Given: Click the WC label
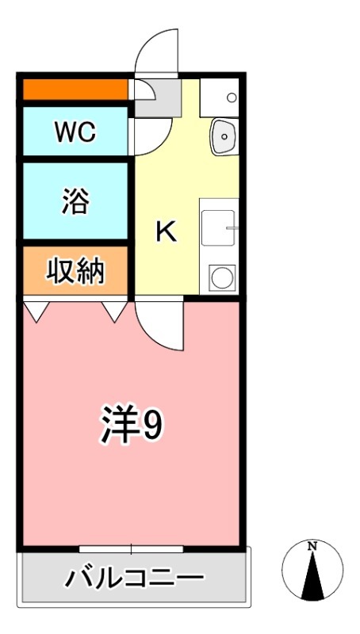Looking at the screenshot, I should pyautogui.click(x=75, y=132).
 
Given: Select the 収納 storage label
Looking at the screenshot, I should pyautogui.click(x=75, y=271).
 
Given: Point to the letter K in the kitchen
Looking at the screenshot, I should pyautogui.click(x=166, y=231).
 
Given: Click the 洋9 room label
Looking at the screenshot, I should pyautogui.click(x=131, y=426).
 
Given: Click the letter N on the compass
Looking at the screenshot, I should pyautogui.click(x=312, y=546).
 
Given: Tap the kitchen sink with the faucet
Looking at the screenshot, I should pyautogui.click(x=220, y=227).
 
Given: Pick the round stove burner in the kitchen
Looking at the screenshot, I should pyautogui.click(x=221, y=277).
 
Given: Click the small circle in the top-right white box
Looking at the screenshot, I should pyautogui.click(x=231, y=98).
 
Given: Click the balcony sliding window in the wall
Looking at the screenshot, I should pyautogui.click(x=131, y=548).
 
